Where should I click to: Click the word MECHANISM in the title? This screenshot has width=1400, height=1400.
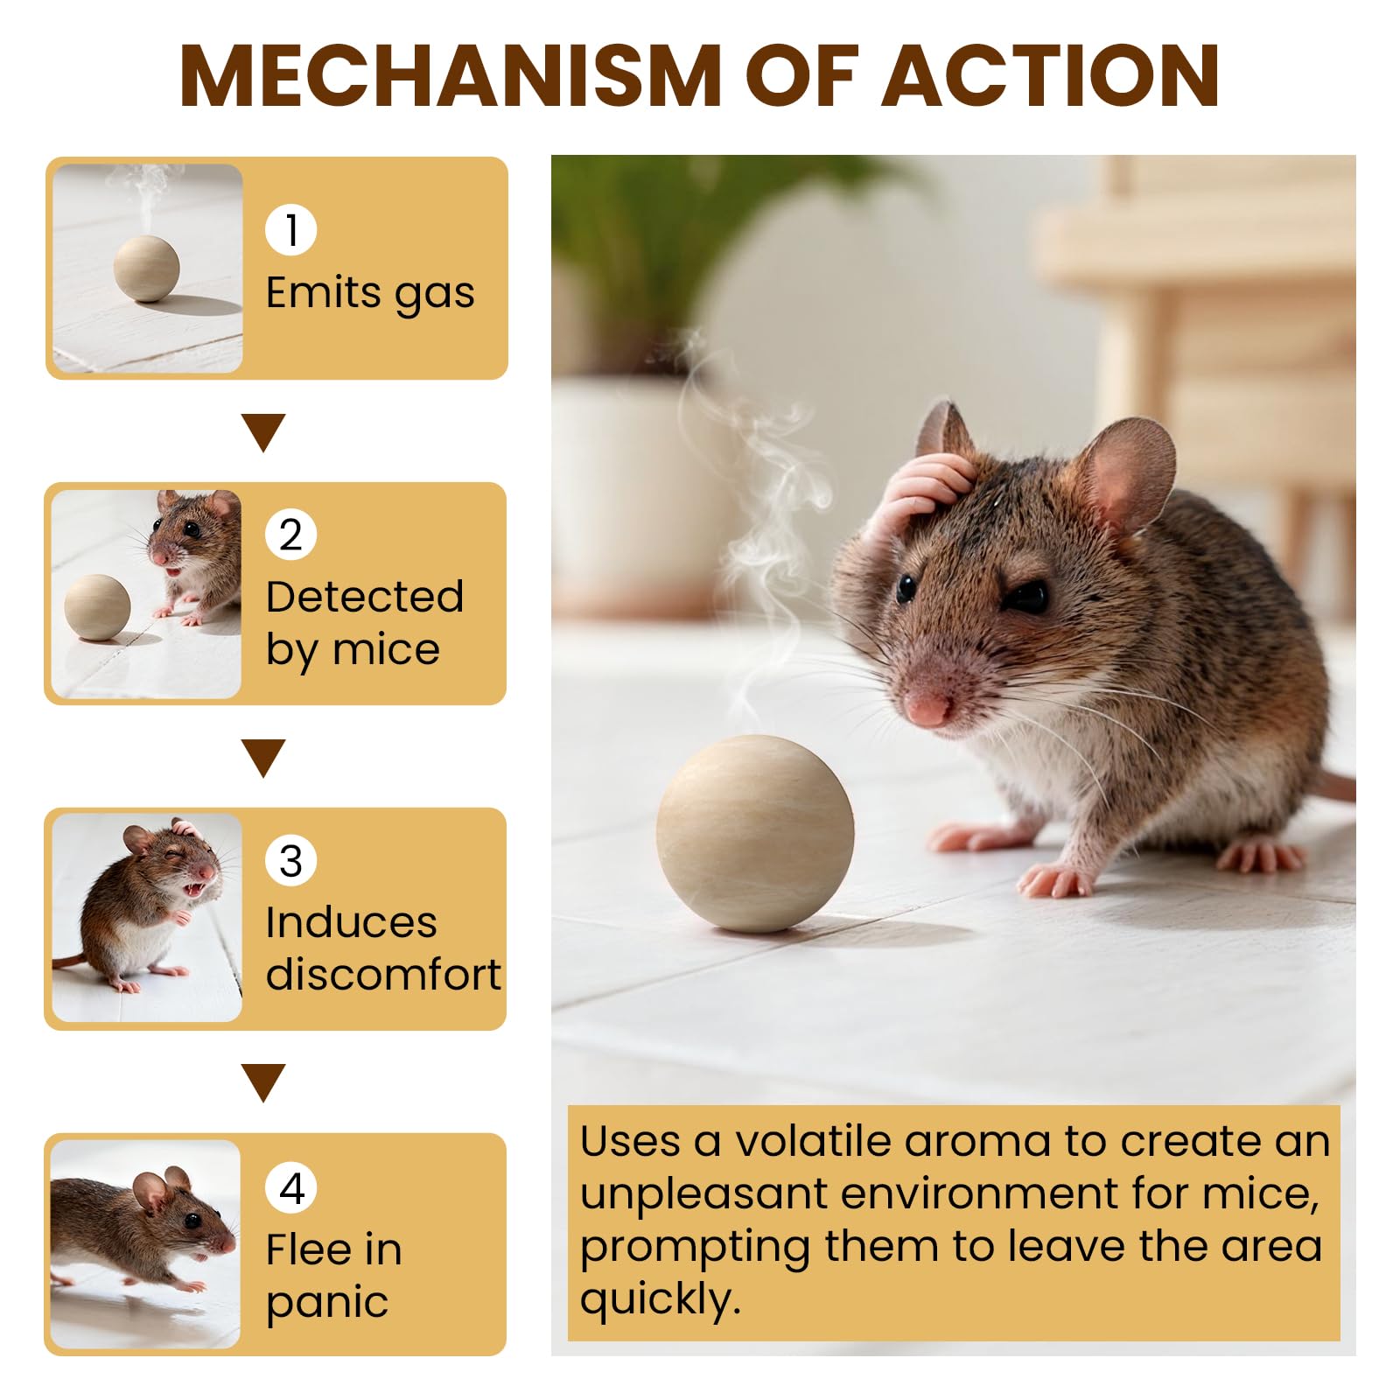coord(451,76)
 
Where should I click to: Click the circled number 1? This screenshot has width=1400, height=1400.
coord(290,230)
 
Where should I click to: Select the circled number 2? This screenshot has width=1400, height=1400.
coord(290,535)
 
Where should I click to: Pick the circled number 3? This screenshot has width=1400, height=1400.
coord(290,861)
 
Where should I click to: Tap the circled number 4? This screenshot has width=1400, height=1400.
coord(290,1187)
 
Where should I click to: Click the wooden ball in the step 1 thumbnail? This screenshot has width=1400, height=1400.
coord(147,269)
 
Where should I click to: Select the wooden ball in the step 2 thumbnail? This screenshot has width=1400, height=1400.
coord(97,608)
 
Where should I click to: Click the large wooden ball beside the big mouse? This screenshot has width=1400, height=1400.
coord(755,833)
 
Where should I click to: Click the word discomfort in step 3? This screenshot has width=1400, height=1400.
coord(383,974)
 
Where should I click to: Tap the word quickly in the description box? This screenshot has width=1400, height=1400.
coord(660,1300)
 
